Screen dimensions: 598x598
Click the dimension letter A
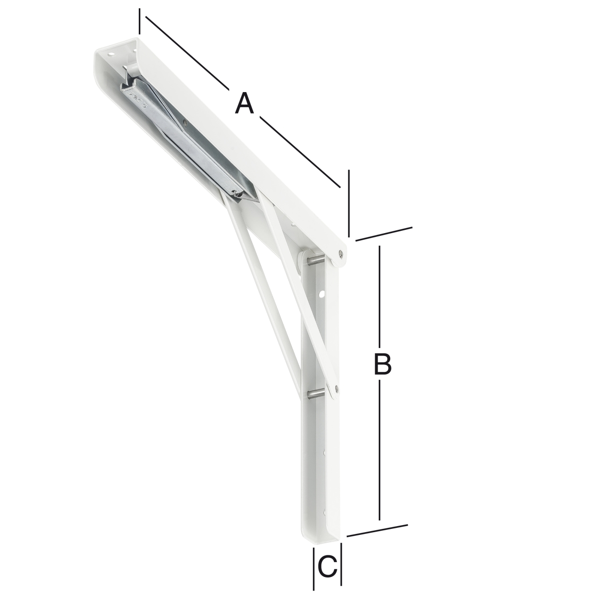244,103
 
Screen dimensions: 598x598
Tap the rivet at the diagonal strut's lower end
336,387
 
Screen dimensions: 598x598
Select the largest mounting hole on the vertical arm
321,295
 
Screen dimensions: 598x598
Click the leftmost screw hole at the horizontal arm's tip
111,54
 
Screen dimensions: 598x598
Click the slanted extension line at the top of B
384,234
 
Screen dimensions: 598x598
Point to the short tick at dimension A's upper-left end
139,21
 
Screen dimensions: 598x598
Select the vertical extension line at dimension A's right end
349,203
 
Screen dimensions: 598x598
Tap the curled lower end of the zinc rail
238,193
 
